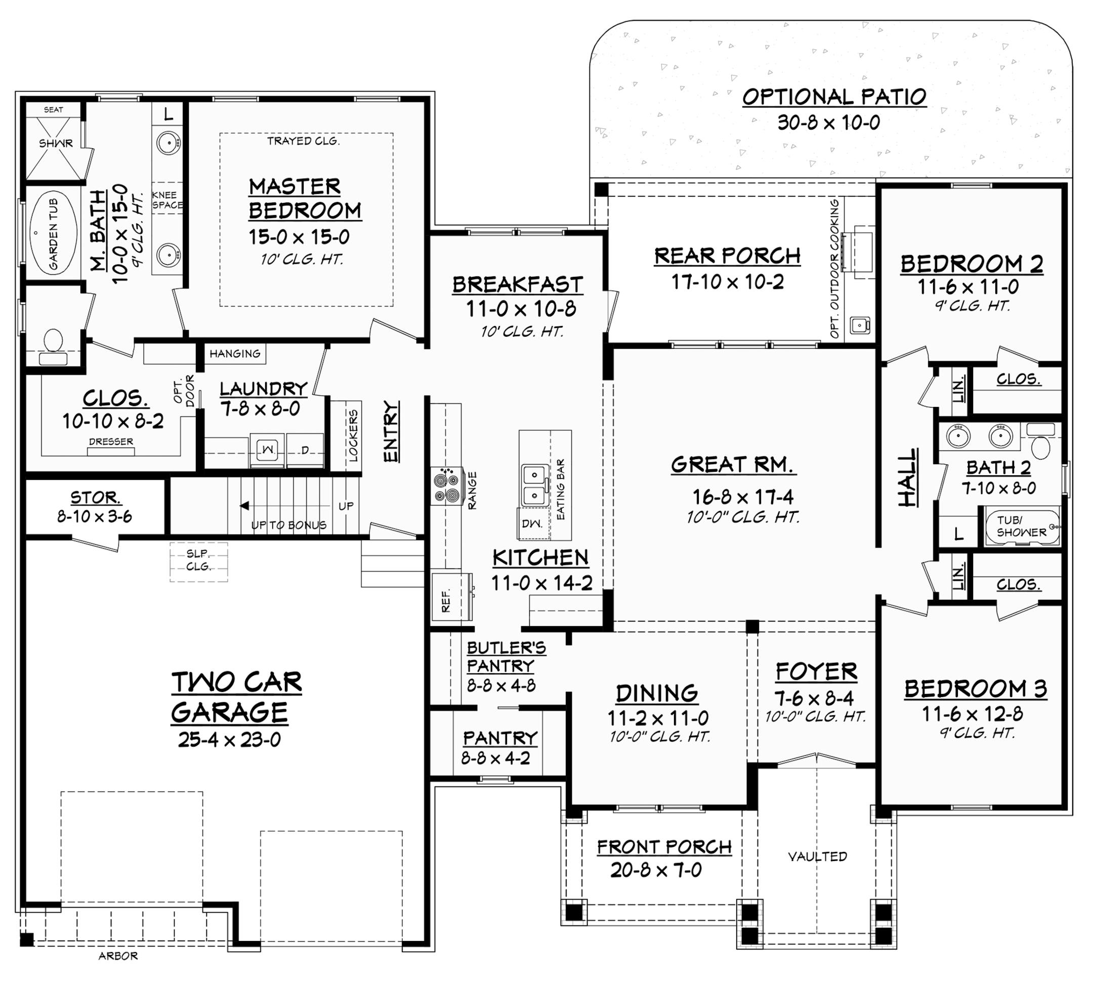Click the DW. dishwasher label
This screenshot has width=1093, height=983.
point(528,523)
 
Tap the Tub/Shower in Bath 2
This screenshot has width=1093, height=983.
point(1021,525)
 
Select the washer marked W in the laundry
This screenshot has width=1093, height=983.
point(267,449)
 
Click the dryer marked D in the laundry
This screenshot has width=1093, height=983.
point(305,449)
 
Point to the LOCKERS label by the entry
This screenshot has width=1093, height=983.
point(353,436)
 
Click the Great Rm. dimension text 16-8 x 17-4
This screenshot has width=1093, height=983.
point(743,497)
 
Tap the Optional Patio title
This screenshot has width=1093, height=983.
point(834,97)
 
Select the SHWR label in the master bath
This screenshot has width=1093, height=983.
point(56,144)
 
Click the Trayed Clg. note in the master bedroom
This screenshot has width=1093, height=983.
point(303,141)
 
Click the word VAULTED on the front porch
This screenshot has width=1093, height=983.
point(817,856)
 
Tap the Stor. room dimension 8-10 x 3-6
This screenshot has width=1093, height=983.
point(95,517)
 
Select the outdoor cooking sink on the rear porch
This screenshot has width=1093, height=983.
point(859,325)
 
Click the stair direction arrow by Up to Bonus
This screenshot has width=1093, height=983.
point(244,506)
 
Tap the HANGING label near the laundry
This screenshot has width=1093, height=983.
point(235,354)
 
